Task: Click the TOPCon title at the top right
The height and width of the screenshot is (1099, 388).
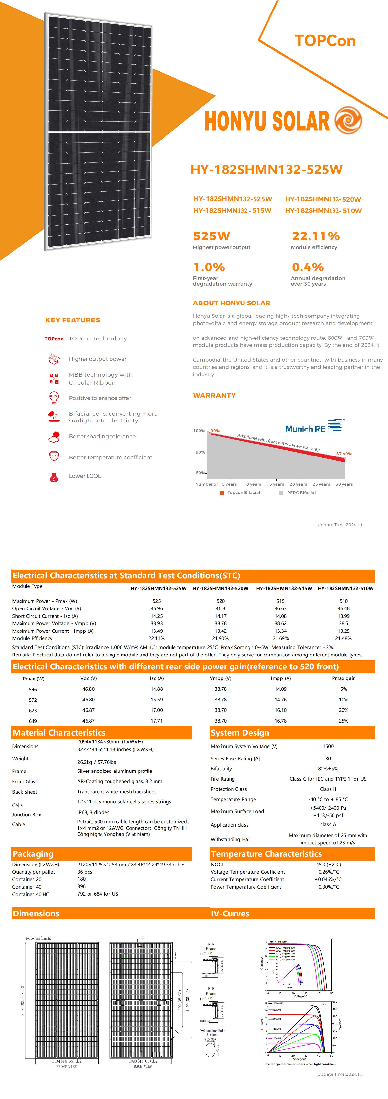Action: tap(325, 41)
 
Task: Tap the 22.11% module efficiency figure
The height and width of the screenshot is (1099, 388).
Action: tap(316, 236)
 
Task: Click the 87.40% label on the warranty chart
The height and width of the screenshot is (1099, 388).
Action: tap(344, 454)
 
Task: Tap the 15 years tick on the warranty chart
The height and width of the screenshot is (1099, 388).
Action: tap(275, 484)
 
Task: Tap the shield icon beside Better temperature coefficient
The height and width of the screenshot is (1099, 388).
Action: tap(54, 456)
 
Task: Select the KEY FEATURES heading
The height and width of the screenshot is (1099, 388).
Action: tap(73, 320)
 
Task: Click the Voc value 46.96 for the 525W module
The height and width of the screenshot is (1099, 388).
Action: tap(156, 608)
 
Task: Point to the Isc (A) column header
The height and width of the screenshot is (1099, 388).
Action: tap(156, 678)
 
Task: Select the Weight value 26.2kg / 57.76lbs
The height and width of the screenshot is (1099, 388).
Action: tap(96, 762)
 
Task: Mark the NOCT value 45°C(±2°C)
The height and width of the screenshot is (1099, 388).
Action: tap(328, 864)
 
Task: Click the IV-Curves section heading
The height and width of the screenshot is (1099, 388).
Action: tap(230, 913)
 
